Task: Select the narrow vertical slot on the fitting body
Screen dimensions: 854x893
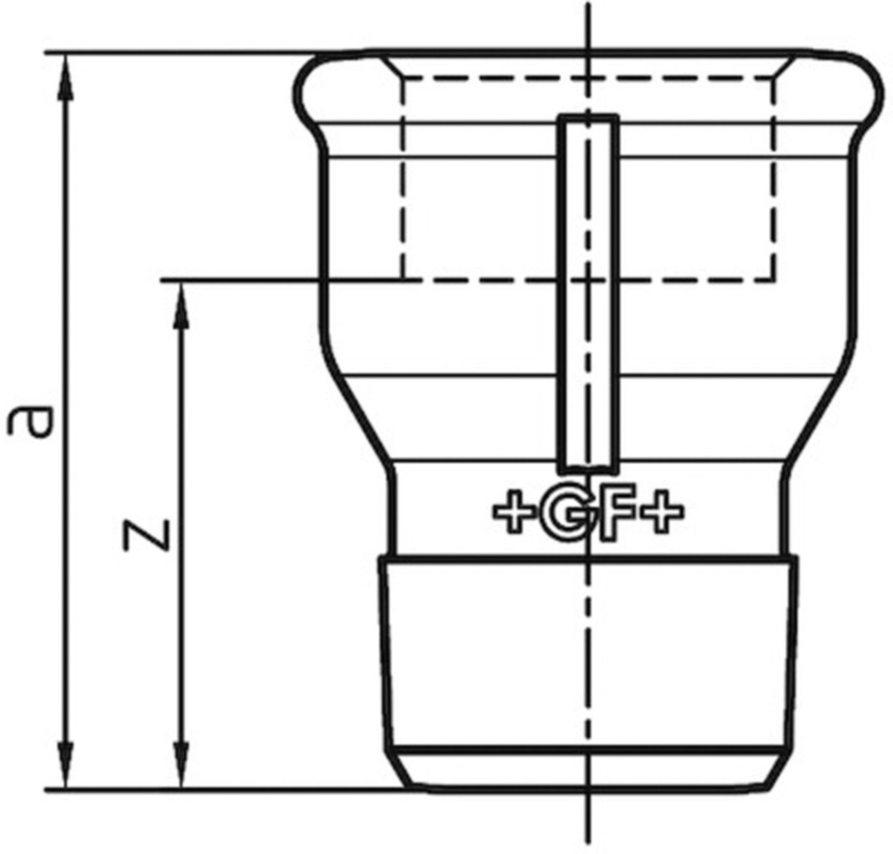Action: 588,294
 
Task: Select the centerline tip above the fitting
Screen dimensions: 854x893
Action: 588,10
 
